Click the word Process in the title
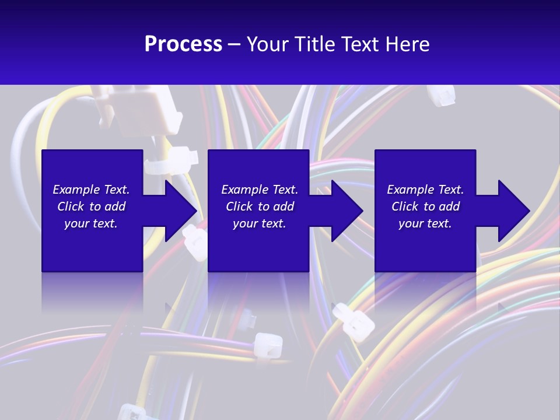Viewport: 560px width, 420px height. [183, 44]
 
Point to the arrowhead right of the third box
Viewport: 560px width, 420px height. [513, 211]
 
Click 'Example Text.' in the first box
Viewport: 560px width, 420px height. [91, 190]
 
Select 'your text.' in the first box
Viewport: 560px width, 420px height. [91, 223]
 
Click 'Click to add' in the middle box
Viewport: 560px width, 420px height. [260, 206]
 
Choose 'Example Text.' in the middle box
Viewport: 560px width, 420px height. [260, 190]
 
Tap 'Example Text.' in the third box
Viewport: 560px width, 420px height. [425, 190]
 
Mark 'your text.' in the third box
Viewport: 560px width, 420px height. [425, 223]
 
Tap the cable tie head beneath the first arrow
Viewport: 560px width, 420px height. [195, 242]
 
